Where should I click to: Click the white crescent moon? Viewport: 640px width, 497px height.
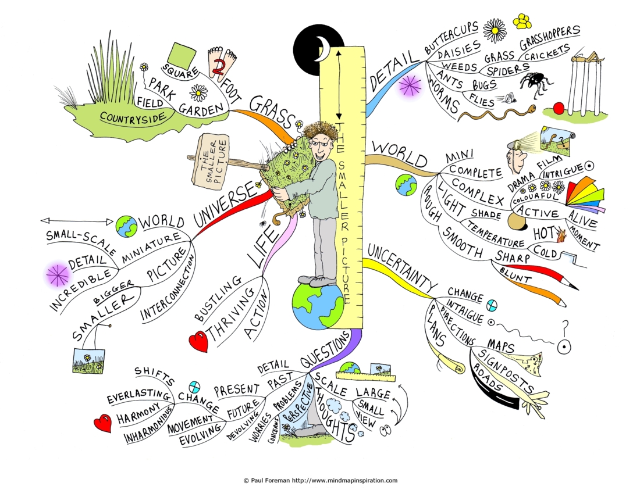(325, 48)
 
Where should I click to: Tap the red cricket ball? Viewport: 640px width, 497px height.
(559, 108)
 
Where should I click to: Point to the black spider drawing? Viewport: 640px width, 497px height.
(535, 84)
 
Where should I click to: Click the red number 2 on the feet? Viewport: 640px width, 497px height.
(219, 66)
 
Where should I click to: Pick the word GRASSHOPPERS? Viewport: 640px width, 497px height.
(549, 38)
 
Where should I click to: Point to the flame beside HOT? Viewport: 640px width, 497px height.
(561, 234)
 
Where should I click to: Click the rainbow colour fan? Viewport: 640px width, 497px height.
(584, 195)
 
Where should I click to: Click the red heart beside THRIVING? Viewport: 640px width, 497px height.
(199, 341)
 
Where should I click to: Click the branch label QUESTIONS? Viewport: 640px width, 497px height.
(325, 349)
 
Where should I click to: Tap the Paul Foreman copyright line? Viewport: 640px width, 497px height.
(321, 480)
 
